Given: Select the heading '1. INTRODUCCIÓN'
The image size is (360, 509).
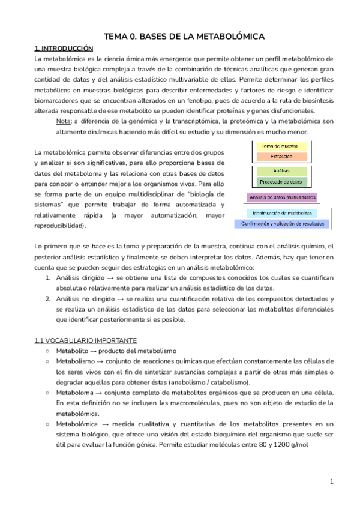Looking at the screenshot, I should (x=64, y=48).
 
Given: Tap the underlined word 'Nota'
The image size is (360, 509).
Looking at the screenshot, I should (x=63, y=121).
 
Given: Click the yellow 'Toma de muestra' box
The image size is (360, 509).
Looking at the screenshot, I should (x=281, y=146).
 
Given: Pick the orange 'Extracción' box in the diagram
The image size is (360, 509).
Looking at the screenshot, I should (x=281, y=156).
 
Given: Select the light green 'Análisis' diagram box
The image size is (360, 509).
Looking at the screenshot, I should (x=281, y=171).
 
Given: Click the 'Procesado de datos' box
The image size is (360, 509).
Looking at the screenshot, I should (x=281, y=181).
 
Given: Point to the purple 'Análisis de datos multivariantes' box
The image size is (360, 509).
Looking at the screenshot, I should (x=281, y=197).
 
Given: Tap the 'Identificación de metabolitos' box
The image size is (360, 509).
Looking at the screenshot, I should (x=281, y=213).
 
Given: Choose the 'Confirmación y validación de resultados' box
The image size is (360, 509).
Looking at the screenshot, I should (x=281, y=224).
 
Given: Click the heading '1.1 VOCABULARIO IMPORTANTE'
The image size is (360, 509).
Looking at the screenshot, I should (x=86, y=340).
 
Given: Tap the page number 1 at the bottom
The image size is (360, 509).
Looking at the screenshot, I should (x=331, y=481).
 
